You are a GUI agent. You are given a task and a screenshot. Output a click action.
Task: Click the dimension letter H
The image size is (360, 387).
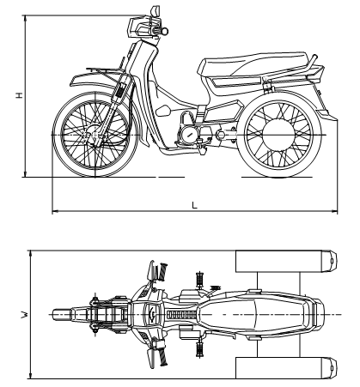coord(19,95)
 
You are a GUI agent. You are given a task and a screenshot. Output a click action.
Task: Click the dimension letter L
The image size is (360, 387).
coord(195,205)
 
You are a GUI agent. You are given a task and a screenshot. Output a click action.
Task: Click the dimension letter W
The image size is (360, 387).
coord(25,315)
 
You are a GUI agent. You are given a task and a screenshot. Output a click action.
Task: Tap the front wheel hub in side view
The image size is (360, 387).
coord(95,135)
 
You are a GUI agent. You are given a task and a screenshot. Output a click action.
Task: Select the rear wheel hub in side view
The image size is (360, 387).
coord(278,135)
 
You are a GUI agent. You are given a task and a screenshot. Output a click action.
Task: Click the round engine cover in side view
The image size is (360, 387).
coord(189,135)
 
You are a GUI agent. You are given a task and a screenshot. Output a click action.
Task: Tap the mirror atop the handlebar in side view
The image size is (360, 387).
coord(155,12)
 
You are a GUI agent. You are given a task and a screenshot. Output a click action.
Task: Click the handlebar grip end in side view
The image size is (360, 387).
coord(165,31)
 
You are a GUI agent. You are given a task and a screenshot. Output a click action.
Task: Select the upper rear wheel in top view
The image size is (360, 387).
coord(286,261)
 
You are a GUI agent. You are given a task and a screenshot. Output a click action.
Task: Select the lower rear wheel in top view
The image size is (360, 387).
coord(286,367)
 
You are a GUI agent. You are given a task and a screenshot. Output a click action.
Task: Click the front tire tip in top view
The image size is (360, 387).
coord(53,315)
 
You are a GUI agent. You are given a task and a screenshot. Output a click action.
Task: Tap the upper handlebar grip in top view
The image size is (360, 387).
coord(163,272)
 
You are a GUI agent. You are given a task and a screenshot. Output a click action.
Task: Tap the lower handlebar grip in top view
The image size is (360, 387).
coord(163,356)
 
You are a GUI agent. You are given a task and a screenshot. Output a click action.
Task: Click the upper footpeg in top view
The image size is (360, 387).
coord(199,280)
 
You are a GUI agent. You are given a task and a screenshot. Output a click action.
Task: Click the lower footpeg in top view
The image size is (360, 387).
coord(199,349)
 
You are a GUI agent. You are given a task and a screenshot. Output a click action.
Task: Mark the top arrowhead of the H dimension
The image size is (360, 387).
coord(26,18)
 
